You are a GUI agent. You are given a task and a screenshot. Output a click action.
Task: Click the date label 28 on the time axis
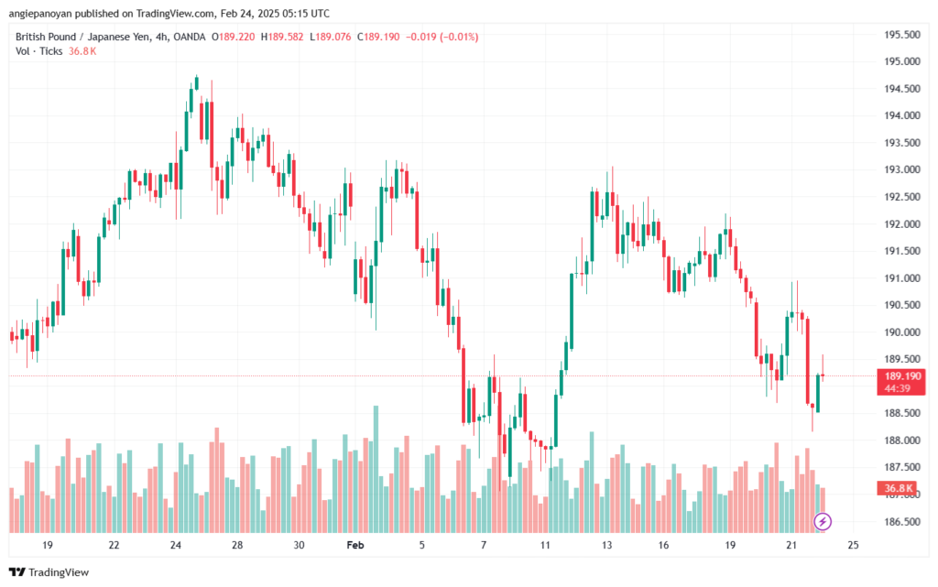click(x=237, y=545)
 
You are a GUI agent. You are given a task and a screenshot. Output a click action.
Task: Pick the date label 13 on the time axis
click(x=606, y=545)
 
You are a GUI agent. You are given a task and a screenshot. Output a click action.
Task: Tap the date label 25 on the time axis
click(x=853, y=545)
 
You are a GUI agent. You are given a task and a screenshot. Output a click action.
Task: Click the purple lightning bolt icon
click(x=823, y=522)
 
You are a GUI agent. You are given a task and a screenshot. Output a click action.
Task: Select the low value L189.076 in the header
click(x=333, y=37)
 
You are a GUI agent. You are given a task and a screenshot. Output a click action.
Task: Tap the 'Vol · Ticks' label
click(x=38, y=51)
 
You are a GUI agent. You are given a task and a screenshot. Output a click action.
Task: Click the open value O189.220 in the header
click(x=234, y=37)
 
